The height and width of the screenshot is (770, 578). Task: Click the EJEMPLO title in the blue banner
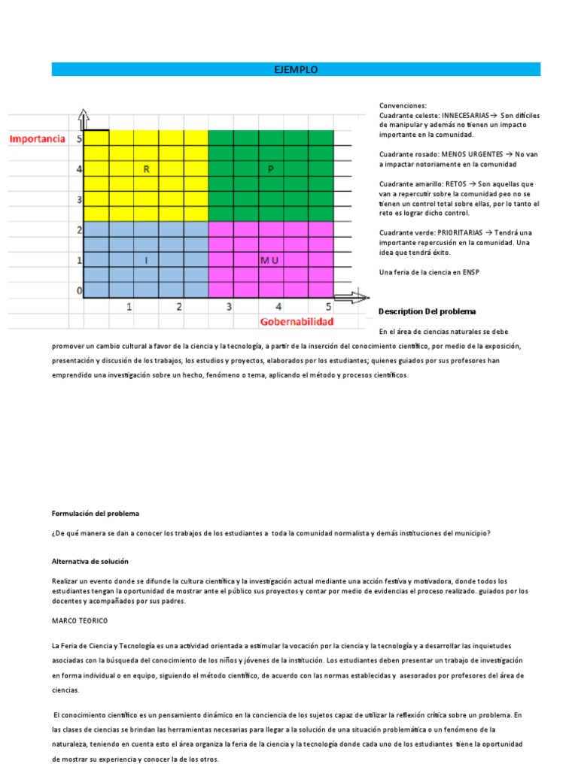click(x=296, y=69)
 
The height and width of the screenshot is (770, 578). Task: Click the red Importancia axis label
click(x=37, y=139)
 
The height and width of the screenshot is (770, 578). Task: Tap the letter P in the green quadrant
click(x=271, y=169)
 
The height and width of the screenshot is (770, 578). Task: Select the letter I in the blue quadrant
click(x=146, y=260)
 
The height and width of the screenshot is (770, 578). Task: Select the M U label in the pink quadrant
click(x=269, y=260)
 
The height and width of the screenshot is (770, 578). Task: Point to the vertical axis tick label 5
click(x=79, y=139)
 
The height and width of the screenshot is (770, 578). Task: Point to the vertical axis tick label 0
click(x=79, y=290)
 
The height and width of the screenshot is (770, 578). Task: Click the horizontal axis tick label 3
click(x=229, y=307)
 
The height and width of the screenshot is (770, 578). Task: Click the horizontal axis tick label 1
click(x=129, y=307)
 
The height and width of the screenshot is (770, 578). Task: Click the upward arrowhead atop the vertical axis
click(x=84, y=118)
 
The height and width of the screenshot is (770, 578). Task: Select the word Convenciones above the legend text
click(x=403, y=106)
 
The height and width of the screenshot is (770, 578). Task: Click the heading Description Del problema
click(x=427, y=311)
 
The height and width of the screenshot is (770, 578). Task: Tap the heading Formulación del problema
click(x=96, y=514)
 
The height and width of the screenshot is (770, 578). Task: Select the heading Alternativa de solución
click(x=90, y=561)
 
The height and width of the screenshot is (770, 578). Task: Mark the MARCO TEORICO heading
click(x=80, y=620)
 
